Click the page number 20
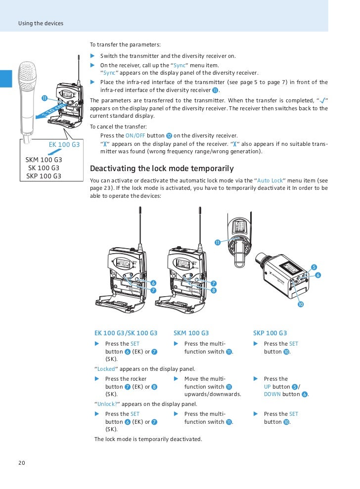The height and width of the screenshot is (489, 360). (21, 463)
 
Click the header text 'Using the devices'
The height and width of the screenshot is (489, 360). (41, 23)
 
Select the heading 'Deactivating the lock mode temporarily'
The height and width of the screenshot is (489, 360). (162, 168)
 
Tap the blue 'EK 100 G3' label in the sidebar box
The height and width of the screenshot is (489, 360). (64, 144)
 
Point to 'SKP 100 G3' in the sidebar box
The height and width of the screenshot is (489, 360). (44, 176)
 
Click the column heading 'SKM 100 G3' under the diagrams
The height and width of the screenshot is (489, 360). (191, 333)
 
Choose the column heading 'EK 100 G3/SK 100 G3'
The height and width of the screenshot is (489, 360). (126, 333)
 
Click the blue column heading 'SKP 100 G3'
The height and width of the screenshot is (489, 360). (270, 333)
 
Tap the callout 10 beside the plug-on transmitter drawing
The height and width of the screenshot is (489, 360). (300, 304)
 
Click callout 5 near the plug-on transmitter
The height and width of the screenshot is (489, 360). (314, 267)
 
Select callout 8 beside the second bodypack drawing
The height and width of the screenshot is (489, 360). (214, 290)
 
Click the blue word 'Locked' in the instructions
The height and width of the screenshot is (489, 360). (106, 369)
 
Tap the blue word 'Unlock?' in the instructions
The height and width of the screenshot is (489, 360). (107, 404)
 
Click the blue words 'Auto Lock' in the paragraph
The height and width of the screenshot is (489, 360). (270, 181)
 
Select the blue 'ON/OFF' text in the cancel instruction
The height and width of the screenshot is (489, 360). (135, 135)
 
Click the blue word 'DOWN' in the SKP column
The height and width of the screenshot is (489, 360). (272, 394)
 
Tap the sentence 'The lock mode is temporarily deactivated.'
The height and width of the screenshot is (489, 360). (148, 439)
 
